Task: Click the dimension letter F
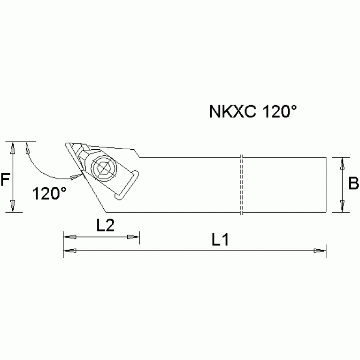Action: [x=5, y=180]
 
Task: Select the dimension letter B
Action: [x=353, y=184]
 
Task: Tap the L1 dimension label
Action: [x=219, y=241]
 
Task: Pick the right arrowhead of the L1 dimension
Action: [x=320, y=251]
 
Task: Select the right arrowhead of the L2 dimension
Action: [x=134, y=237]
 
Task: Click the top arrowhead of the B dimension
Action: [x=343, y=164]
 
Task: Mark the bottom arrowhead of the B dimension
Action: [x=343, y=206]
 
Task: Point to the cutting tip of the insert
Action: [x=66, y=143]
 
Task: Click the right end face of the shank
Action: [x=325, y=184]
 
